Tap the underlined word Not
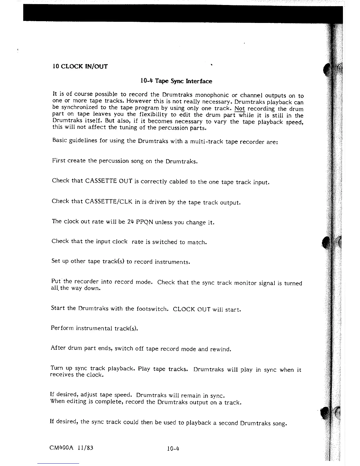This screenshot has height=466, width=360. pyautogui.click(x=240, y=108)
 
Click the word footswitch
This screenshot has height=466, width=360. pyautogui.click(x=152, y=309)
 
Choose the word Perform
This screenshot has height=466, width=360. pyautogui.click(x=62, y=328)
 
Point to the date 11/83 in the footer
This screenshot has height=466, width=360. pyautogui.click(x=86, y=448)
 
